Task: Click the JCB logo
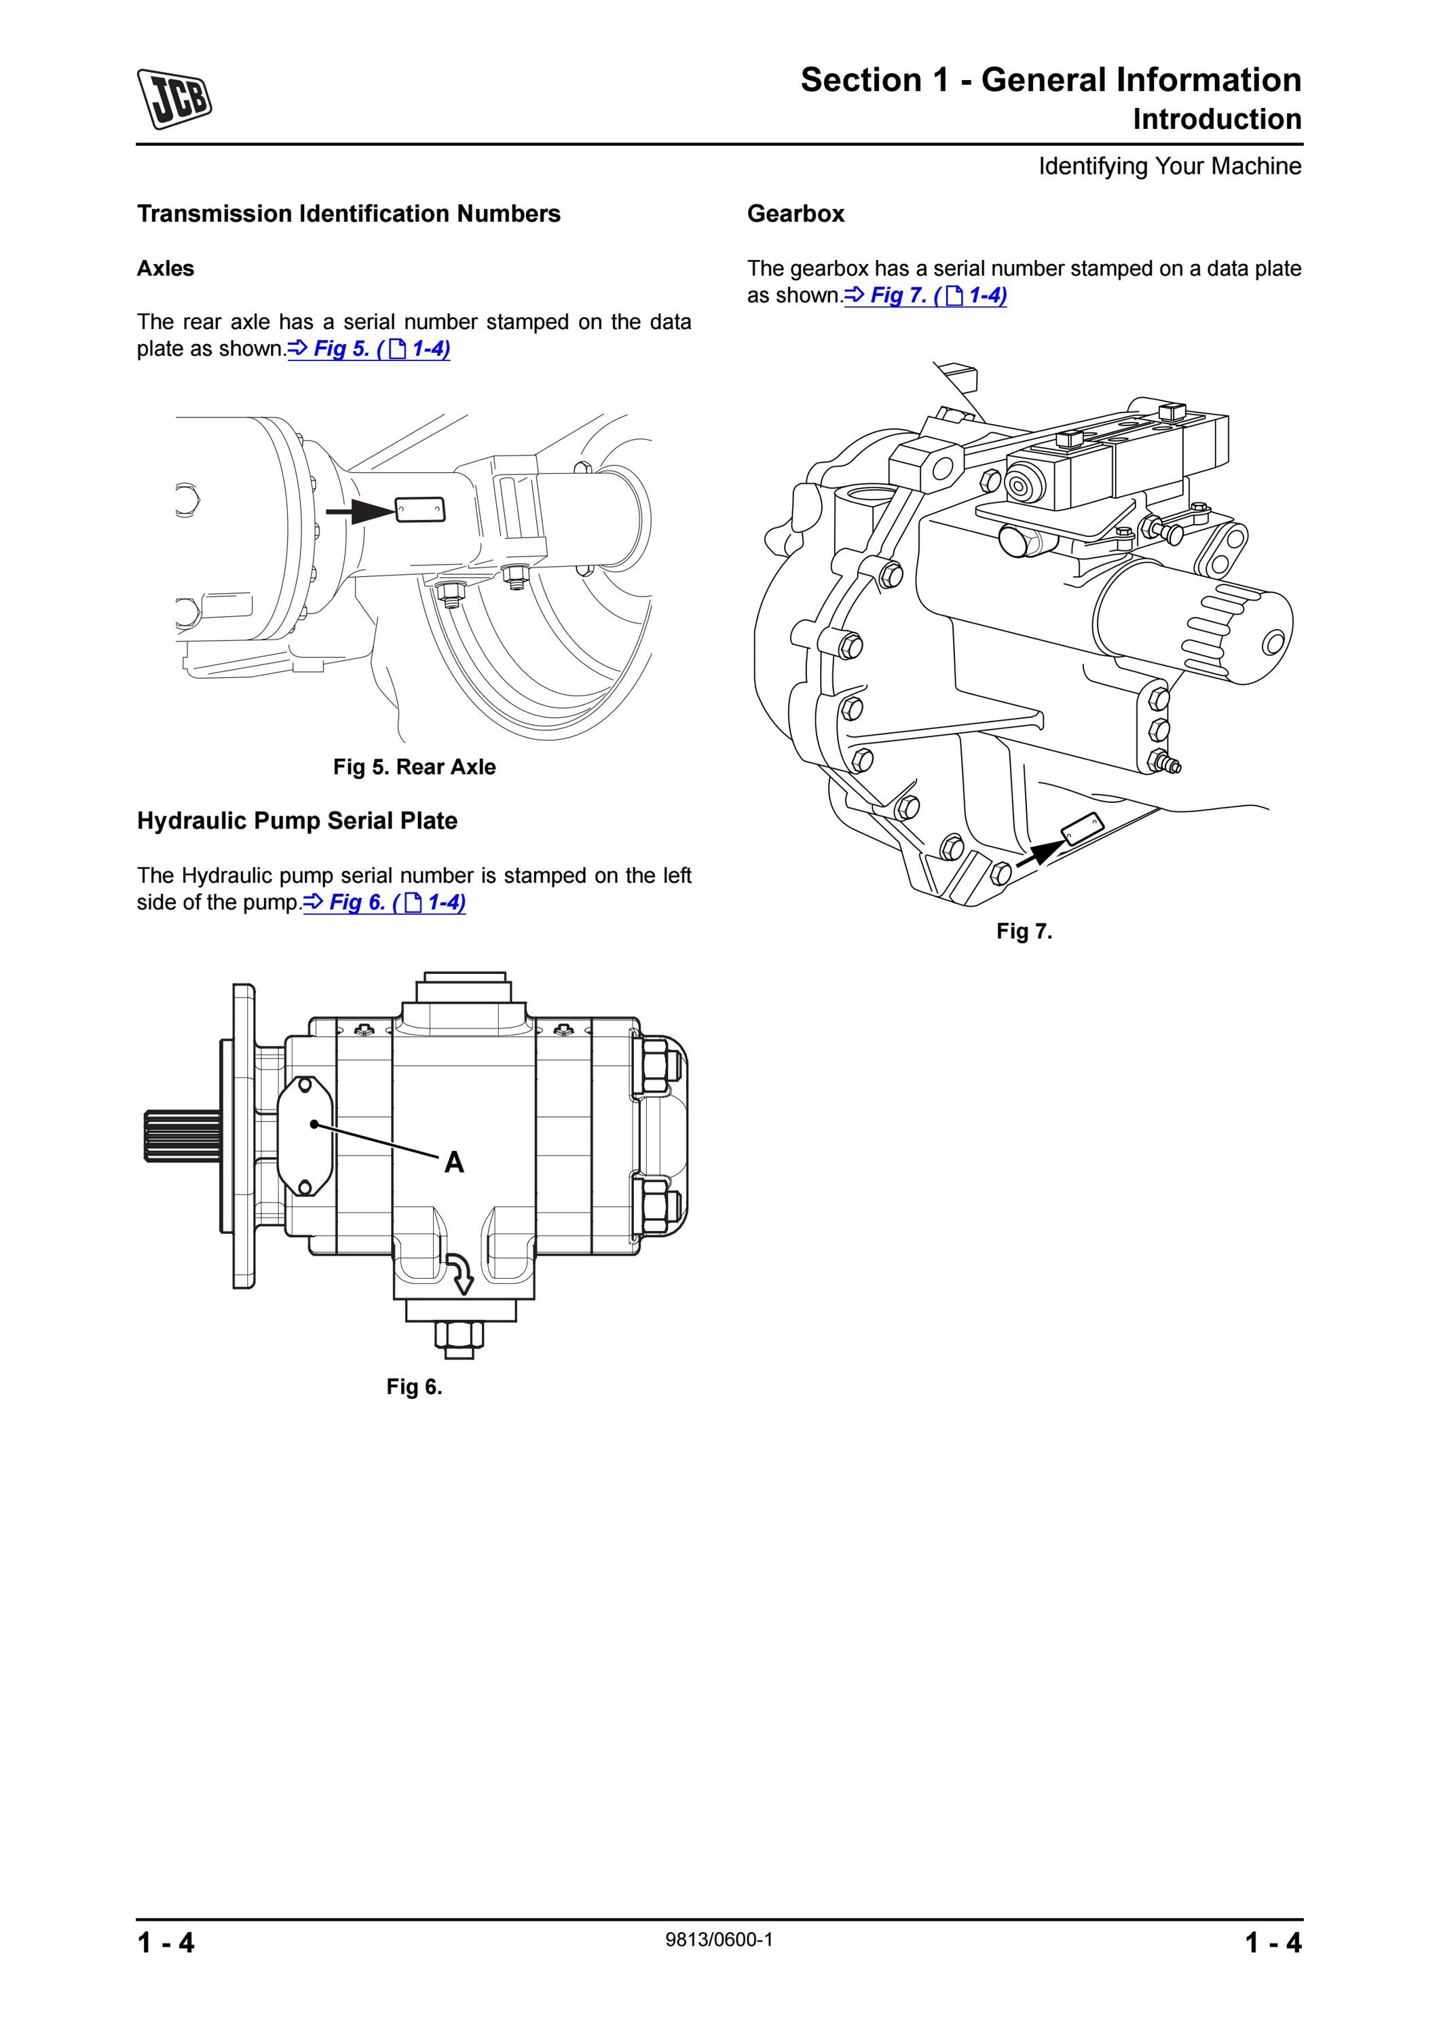pos(174,98)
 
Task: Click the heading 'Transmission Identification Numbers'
pos(348,214)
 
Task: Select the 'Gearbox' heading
pos(796,214)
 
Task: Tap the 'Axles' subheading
pos(165,269)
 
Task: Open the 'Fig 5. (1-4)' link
pos(369,349)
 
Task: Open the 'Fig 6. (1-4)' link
pos(385,903)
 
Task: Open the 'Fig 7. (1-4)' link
pos(926,295)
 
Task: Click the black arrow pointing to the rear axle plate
pos(360,511)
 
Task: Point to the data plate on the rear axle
pos(420,510)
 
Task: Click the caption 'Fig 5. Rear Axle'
pos(414,767)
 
